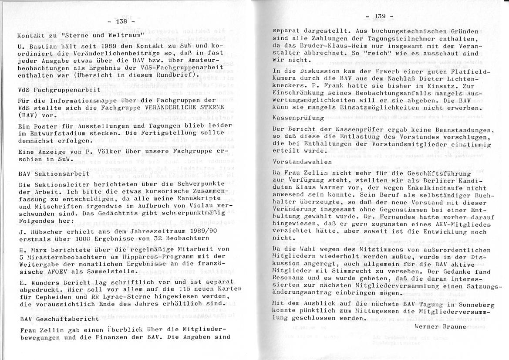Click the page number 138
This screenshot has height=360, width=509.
coord(121,21)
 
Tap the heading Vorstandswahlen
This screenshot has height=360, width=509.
coord(302,161)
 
